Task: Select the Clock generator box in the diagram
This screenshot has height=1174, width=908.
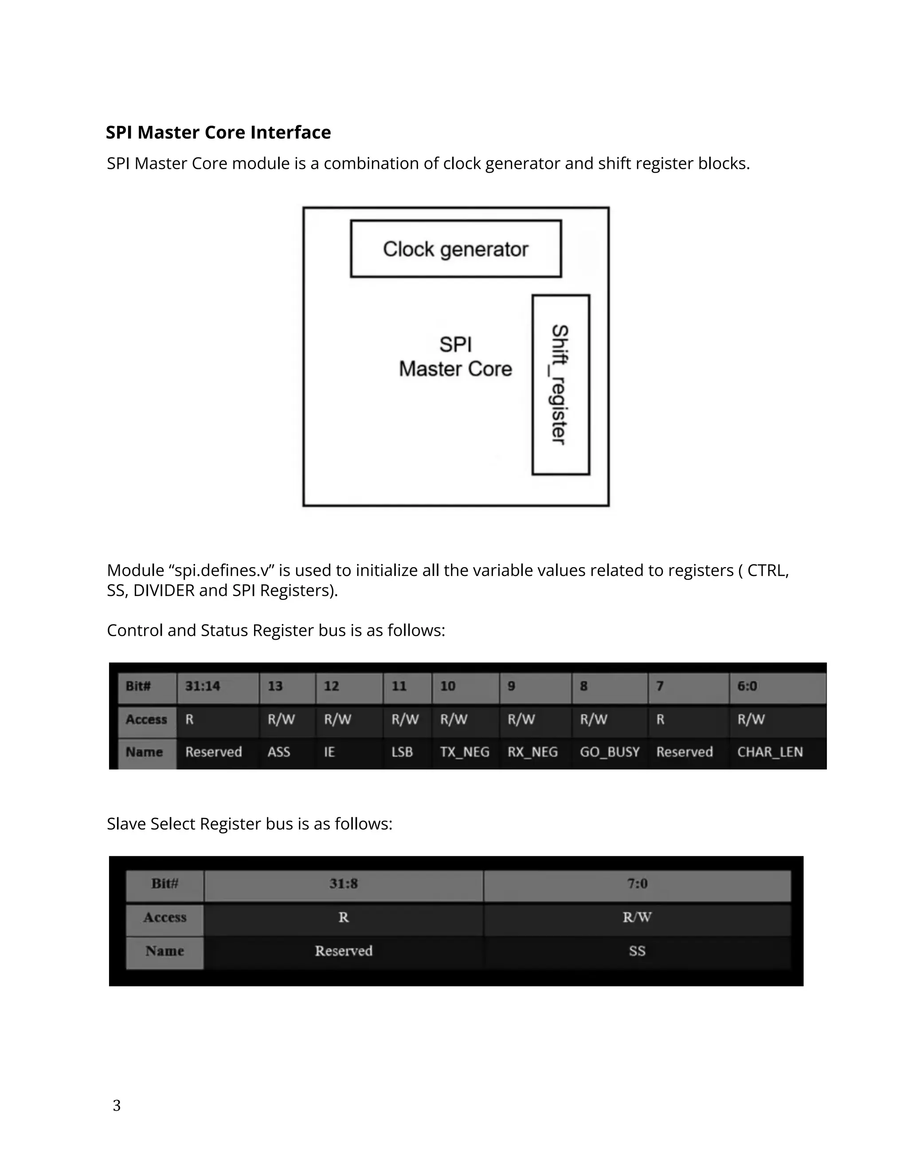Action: point(456,249)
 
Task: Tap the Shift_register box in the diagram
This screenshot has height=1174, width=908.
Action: point(560,385)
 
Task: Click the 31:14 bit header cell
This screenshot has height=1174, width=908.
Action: point(203,686)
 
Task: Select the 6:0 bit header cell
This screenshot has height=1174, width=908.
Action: point(747,686)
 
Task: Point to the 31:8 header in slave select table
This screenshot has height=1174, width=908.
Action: point(343,884)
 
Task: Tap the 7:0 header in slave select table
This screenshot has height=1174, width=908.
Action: point(637,884)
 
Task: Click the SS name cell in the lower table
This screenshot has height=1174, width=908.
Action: point(637,951)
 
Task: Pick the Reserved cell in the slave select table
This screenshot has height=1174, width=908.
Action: point(343,951)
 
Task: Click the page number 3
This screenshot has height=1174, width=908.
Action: point(117,1105)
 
